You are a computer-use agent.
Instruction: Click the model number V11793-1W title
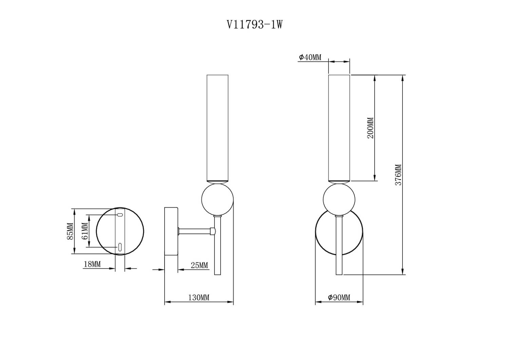[254, 24]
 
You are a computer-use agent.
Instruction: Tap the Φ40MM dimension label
[310, 57]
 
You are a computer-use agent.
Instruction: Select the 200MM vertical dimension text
[370, 128]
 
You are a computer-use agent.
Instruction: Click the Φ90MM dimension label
[339, 298]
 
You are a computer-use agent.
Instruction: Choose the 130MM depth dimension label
[199, 298]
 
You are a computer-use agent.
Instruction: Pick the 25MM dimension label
[199, 265]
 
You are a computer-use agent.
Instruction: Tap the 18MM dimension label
[92, 264]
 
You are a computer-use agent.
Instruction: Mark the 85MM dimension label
[70, 231]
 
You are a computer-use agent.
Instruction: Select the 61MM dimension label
[85, 231]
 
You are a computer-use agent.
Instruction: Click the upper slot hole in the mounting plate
[120, 215]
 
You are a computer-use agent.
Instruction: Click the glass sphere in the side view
[217, 199]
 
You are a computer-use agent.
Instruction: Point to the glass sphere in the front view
[339, 199]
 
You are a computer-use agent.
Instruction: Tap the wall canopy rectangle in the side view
[171, 231]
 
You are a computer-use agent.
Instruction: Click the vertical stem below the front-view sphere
[339, 245]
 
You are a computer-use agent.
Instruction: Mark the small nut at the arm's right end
[212, 231]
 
